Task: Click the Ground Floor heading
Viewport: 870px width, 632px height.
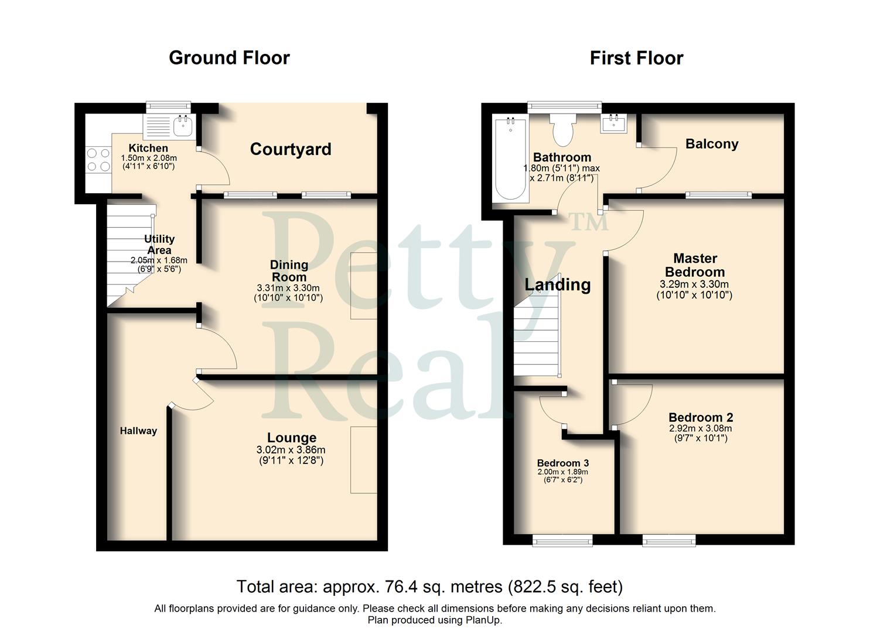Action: coord(229,58)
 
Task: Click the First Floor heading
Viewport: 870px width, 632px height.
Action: coord(636,59)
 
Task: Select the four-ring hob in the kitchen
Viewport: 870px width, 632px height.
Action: coord(98,159)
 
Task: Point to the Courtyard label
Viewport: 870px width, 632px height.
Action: coord(291,149)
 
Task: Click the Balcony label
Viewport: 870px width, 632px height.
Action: coord(712,144)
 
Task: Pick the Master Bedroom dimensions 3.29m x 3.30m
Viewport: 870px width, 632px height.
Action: coord(694,284)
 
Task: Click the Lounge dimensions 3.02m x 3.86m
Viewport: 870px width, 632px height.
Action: coord(291,450)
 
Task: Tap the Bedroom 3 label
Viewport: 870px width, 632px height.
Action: coord(562,463)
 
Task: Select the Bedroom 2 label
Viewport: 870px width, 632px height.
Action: coord(701,417)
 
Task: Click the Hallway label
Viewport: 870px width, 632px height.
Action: coord(138,431)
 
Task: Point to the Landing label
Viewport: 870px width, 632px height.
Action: coord(557,284)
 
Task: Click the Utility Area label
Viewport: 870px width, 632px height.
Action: coord(159,244)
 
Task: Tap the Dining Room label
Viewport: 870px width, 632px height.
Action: coord(289,271)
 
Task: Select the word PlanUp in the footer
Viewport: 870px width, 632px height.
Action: coord(483,620)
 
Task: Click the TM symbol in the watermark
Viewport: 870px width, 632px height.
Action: coord(589,221)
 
